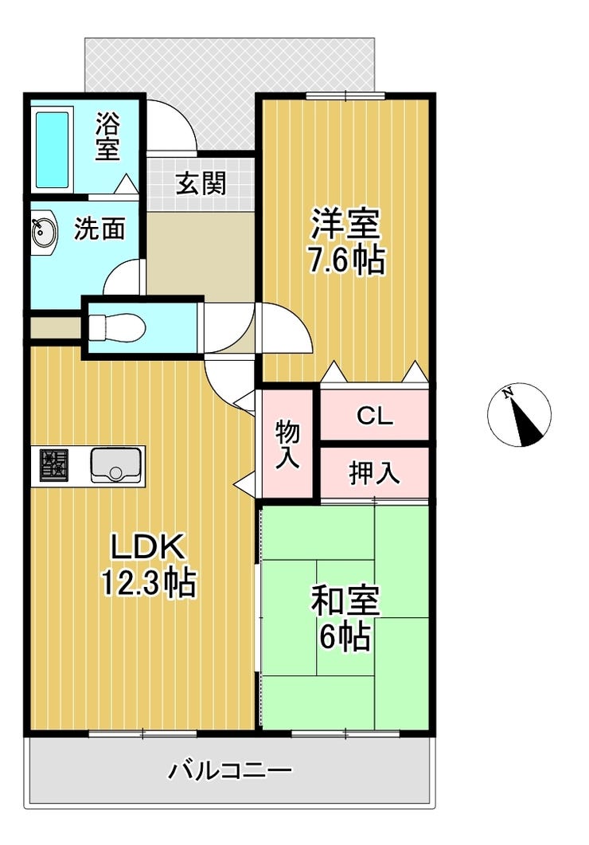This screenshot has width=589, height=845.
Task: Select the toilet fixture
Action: point(116,327)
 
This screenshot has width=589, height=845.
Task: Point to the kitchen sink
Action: point(115,465)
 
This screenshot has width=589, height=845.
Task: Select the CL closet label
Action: point(375,416)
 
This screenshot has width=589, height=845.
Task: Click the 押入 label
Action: point(375,473)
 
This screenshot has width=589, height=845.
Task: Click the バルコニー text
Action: point(230,770)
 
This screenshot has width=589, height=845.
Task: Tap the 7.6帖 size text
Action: point(346,260)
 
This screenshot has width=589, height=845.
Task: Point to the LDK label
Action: point(148,546)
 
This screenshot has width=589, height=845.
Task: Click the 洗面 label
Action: point(99,229)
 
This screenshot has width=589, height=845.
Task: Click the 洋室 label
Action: point(345,223)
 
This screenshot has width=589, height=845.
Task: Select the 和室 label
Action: point(345,600)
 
